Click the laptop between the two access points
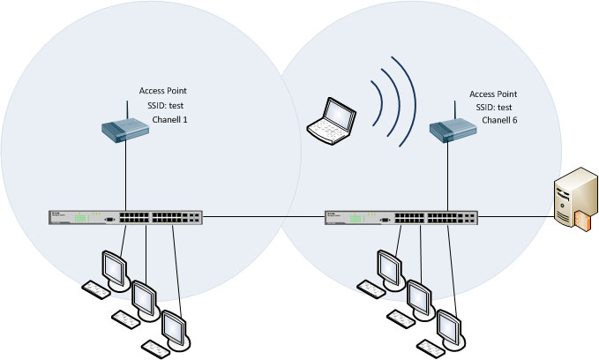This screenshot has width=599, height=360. [x=330, y=120]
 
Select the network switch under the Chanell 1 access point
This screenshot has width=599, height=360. [x=126, y=216]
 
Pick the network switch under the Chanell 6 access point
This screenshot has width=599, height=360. [x=402, y=216]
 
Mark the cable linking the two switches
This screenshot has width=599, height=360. [x=264, y=216]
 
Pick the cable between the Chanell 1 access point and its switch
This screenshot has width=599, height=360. [x=126, y=176]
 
